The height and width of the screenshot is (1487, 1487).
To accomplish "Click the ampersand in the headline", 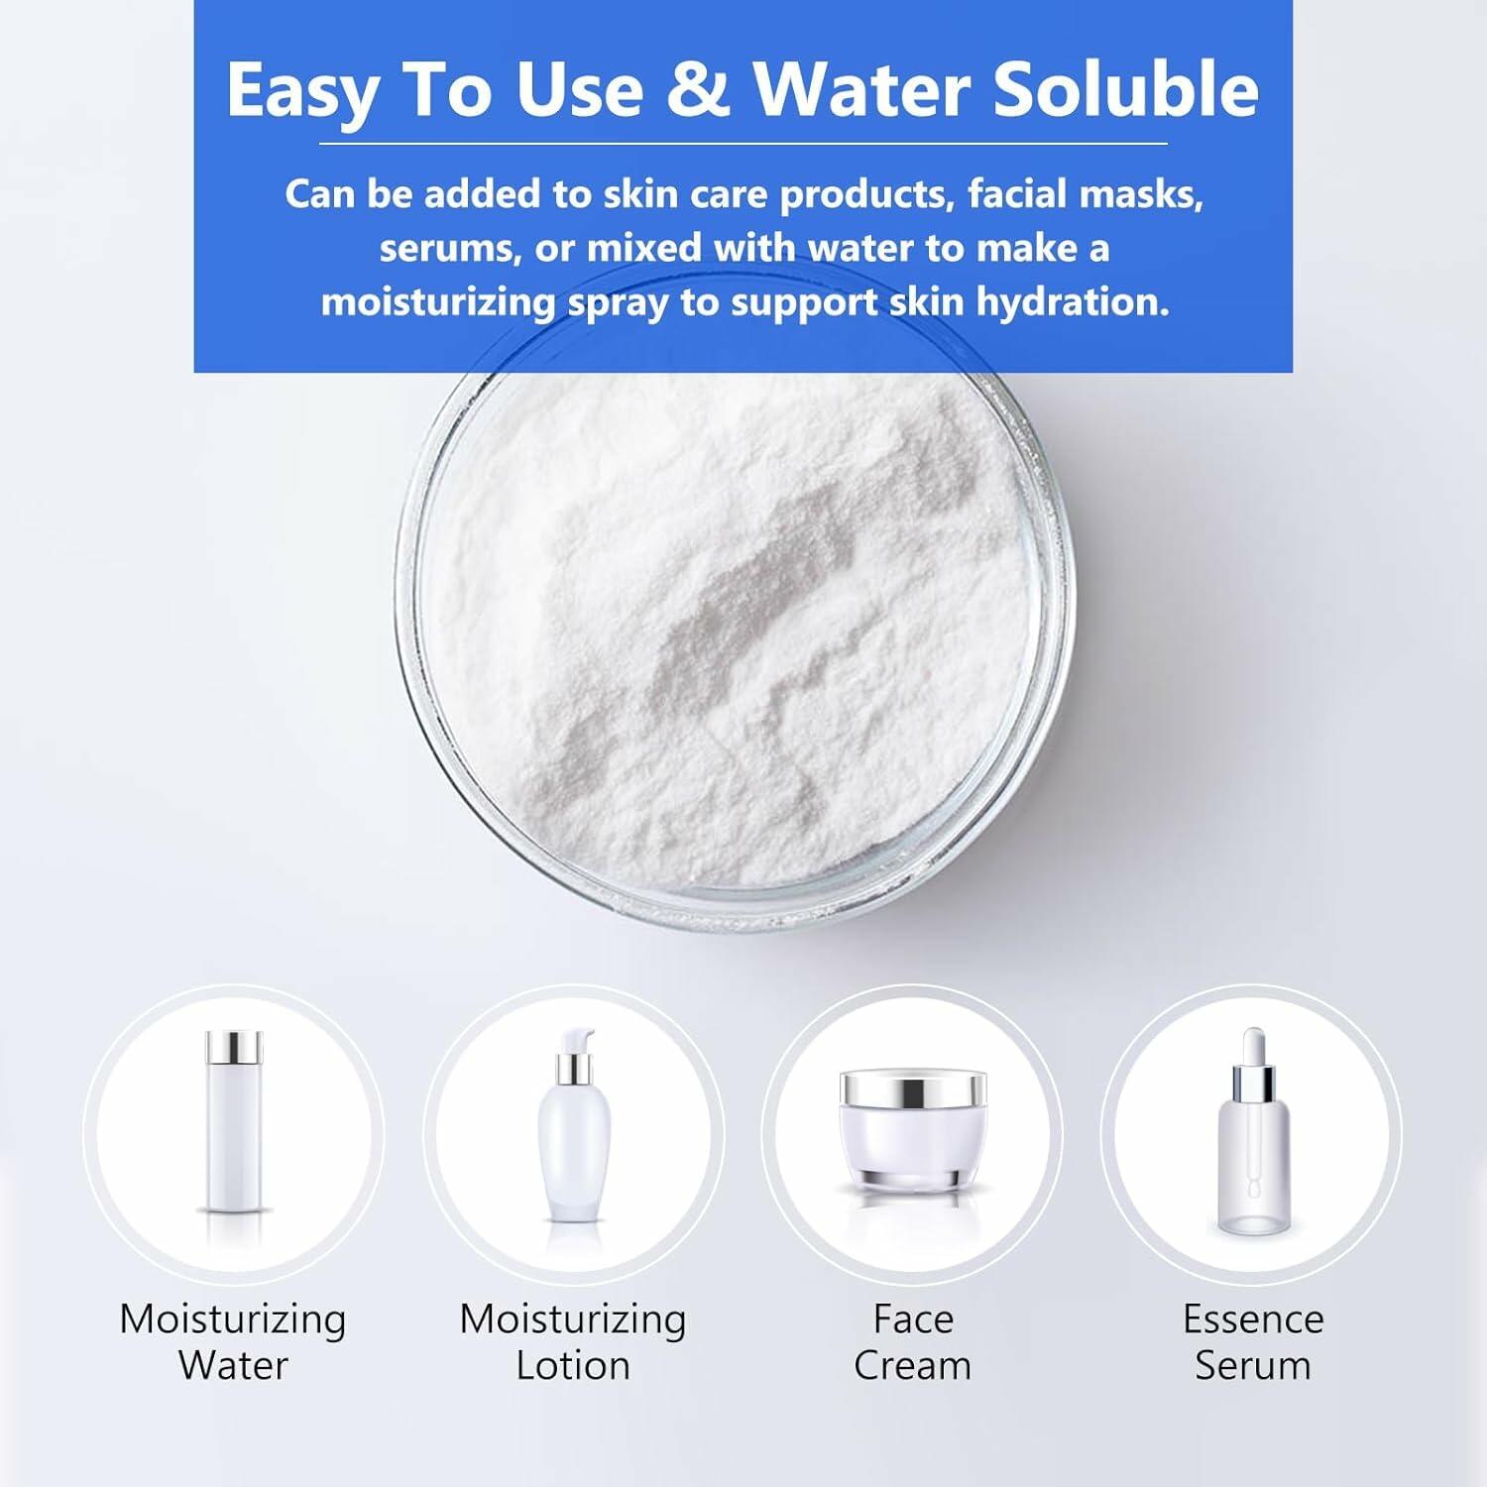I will [699, 90].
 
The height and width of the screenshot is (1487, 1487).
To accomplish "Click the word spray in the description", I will [618, 303].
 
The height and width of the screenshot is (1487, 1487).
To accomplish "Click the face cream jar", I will [913, 1130].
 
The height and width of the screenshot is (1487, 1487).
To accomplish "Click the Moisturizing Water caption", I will [233, 1342].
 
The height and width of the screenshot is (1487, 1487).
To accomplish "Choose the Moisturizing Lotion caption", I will [573, 1342].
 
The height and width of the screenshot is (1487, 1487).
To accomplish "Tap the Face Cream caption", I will [913, 1342].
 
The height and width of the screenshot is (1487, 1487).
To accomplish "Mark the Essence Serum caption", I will [1253, 1342].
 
